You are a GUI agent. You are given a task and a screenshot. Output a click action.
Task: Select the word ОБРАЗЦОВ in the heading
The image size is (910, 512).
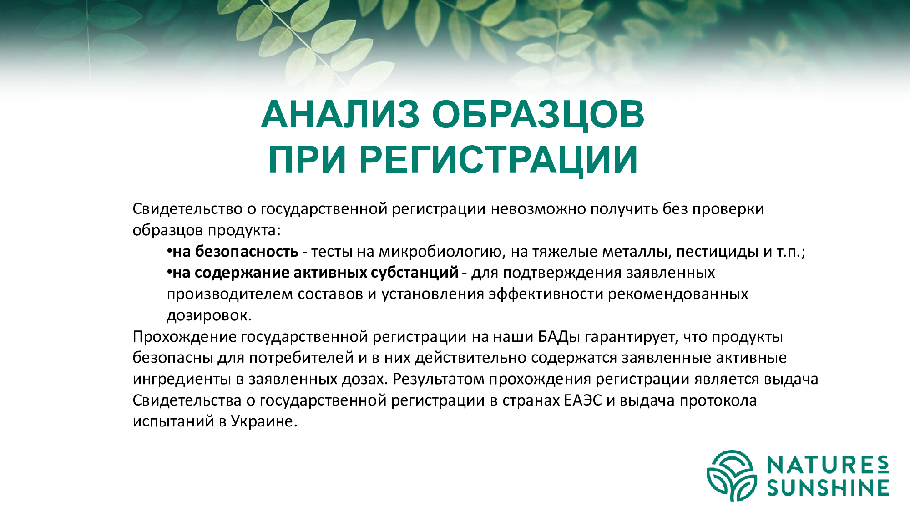click(538, 115)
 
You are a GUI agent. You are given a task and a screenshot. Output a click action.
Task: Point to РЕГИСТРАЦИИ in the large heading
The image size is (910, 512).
click(498, 161)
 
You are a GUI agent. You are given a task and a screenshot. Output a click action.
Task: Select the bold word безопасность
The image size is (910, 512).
click(247, 251)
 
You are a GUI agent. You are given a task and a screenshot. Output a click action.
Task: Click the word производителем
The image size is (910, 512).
click(230, 294)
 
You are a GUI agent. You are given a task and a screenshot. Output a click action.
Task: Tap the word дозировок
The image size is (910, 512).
click(209, 316)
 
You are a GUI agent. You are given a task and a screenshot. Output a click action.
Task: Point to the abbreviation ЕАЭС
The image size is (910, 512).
click(582, 400)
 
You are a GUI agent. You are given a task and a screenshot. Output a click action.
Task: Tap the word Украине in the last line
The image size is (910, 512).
click(263, 421)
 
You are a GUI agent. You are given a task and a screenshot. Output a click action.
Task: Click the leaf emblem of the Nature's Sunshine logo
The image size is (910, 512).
click(731, 475)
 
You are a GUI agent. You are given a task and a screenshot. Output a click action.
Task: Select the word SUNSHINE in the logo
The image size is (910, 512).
click(828, 488)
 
